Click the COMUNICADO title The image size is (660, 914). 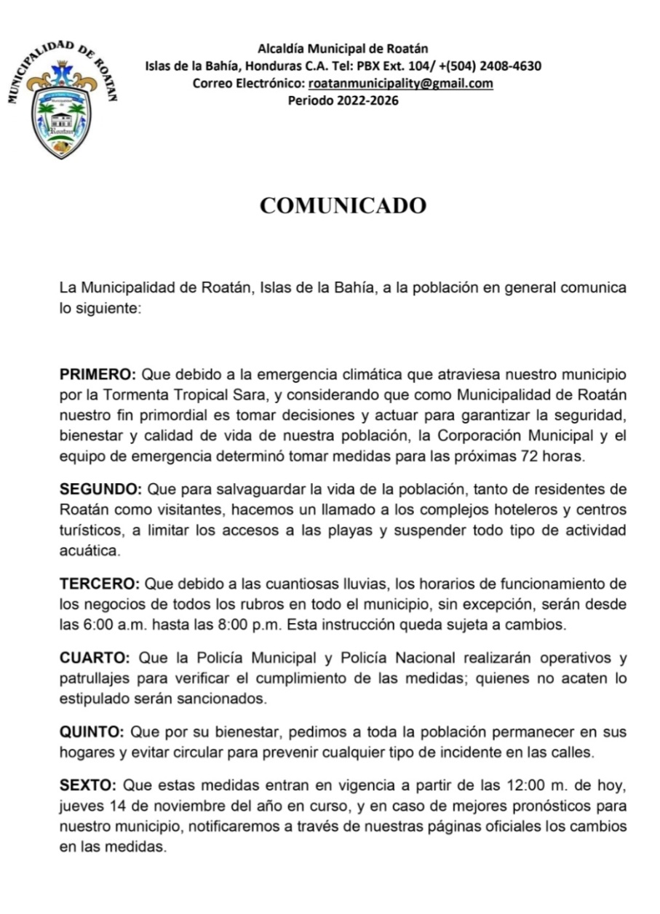click(343, 206)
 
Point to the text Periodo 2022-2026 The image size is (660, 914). click(343, 100)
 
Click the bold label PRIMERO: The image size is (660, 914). click(98, 375)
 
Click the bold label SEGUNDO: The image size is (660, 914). click(100, 488)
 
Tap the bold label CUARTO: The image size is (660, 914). click(95, 659)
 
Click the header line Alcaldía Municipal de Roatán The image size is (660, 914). click(343, 49)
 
